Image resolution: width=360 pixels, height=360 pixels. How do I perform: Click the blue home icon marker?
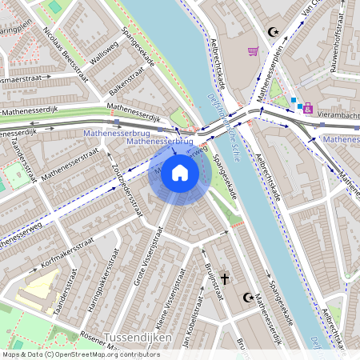tap(180, 172)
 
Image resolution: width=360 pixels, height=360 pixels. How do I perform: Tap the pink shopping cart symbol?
tap(254, 52)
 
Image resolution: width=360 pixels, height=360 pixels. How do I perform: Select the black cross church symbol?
tap(225, 279)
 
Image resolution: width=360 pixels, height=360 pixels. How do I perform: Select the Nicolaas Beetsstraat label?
tap(66, 50)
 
